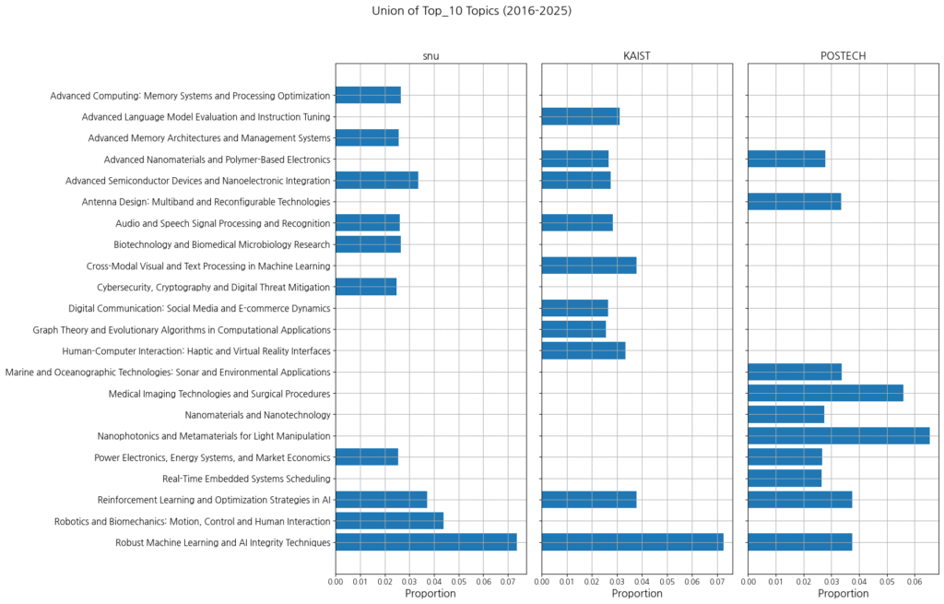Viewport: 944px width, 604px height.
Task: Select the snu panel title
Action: point(431,56)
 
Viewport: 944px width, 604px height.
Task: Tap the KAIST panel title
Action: point(636,56)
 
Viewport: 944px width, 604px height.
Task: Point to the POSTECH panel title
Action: point(843,56)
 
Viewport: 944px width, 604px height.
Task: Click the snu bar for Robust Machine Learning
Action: point(426,542)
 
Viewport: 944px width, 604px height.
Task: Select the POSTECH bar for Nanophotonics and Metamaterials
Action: point(838,436)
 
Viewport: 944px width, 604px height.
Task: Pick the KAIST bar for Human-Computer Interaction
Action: point(584,350)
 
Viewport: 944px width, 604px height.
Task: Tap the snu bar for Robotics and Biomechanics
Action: point(389,521)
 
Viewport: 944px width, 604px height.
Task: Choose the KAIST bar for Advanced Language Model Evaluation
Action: point(580,116)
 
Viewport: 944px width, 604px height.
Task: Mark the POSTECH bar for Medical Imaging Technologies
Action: point(825,394)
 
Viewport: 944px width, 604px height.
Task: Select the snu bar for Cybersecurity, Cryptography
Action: point(366,287)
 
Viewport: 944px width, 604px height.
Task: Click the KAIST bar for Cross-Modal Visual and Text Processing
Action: point(588,266)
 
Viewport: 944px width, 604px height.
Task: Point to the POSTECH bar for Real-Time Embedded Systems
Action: point(785,479)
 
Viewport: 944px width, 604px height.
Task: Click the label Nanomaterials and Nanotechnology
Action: point(257,415)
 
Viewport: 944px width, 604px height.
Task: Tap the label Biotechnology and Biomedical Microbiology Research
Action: point(221,244)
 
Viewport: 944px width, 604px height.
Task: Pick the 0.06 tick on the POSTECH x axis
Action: point(914,582)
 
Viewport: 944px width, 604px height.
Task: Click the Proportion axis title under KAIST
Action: point(636,594)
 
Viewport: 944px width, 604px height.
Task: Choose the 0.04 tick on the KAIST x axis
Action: point(643,582)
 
